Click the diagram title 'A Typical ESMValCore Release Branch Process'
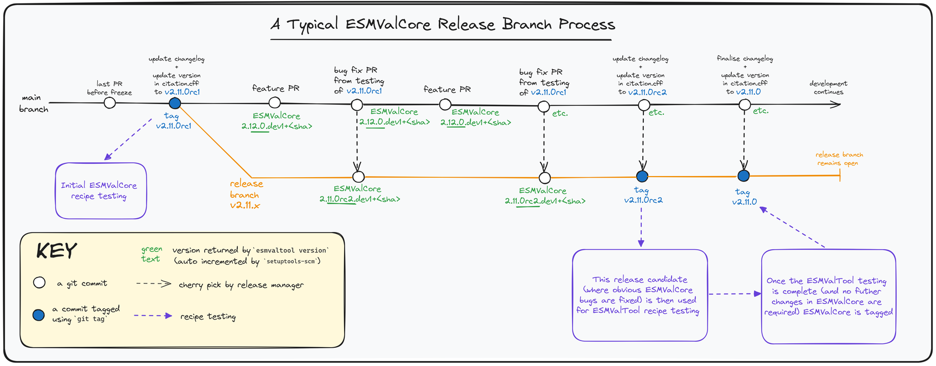pos(443,25)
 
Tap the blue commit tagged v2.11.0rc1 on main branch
pos(175,104)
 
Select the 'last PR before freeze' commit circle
pos(110,103)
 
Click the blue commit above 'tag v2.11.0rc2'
pos(642,177)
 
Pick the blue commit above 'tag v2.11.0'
pos(743,176)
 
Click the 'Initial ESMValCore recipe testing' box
pos(101,190)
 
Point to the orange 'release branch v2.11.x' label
pos(246,194)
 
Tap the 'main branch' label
pos(33,104)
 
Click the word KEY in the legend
pos(56,251)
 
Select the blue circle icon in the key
pos(38,315)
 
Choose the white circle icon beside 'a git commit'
pos(39,283)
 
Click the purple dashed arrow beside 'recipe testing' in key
pos(153,316)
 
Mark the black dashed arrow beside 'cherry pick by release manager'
pos(153,283)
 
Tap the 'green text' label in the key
pos(151,254)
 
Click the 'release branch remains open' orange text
pos(839,159)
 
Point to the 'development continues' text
pos(828,88)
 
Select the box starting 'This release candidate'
pos(640,295)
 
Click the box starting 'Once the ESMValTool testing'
pos(828,296)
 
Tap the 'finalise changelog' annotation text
pos(745,59)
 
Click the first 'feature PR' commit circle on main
pos(274,102)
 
